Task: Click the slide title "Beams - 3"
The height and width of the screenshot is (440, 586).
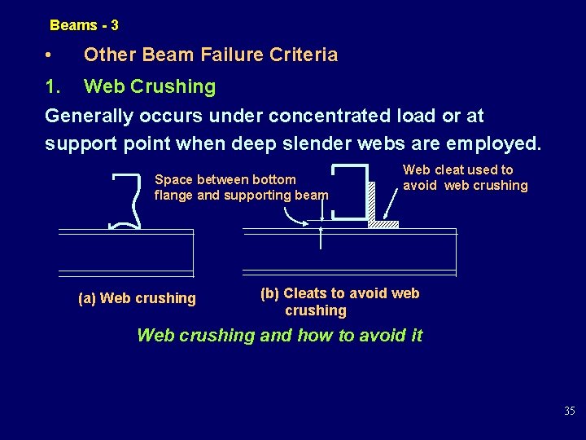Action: pyautogui.click(x=84, y=25)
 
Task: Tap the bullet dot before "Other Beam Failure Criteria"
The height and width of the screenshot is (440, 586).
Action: pyautogui.click(x=50, y=55)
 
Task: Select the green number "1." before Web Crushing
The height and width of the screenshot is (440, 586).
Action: pyautogui.click(x=55, y=86)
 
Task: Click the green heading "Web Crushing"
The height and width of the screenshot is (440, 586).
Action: pyautogui.click(x=150, y=86)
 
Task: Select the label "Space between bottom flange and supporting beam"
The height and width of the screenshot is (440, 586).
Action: pyautogui.click(x=241, y=187)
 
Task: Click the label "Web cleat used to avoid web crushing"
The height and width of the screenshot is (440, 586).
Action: pyautogui.click(x=466, y=178)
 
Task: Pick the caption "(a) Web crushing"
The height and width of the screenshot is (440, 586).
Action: pyautogui.click(x=137, y=298)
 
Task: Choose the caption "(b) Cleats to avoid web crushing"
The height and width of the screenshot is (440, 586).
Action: pyautogui.click(x=339, y=301)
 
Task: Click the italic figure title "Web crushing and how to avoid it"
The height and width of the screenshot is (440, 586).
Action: pyautogui.click(x=279, y=335)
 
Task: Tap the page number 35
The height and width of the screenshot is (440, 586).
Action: pyautogui.click(x=569, y=411)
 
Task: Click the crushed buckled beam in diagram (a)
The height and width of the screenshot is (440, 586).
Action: pyautogui.click(x=128, y=201)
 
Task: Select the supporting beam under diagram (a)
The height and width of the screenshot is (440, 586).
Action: pyautogui.click(x=125, y=253)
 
